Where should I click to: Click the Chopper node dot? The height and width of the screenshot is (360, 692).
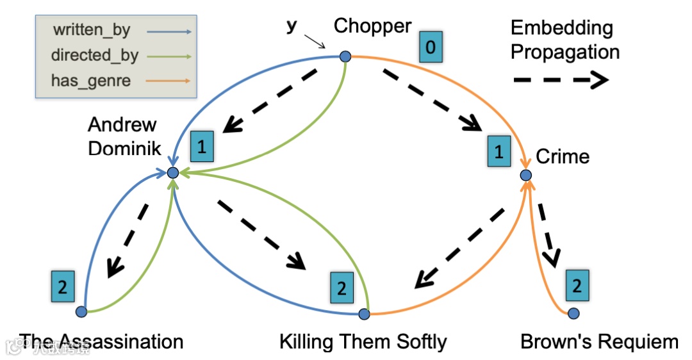345,57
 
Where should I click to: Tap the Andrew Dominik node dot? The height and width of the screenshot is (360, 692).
172,173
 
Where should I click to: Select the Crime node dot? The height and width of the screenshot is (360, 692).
525,175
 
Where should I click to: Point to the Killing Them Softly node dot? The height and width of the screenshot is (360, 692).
364,314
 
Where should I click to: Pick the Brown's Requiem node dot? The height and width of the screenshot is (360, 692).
573,313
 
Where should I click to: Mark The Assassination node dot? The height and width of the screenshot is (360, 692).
81,312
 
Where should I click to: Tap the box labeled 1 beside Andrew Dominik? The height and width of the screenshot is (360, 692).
202,147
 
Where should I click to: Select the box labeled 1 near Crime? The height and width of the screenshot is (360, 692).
499,151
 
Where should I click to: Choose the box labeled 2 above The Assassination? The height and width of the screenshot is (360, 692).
62,286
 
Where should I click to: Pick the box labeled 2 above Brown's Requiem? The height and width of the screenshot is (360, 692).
577,285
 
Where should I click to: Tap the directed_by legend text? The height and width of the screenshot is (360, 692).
94,55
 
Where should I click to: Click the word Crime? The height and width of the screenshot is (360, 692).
563,156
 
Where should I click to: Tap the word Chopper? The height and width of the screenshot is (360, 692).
372,26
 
